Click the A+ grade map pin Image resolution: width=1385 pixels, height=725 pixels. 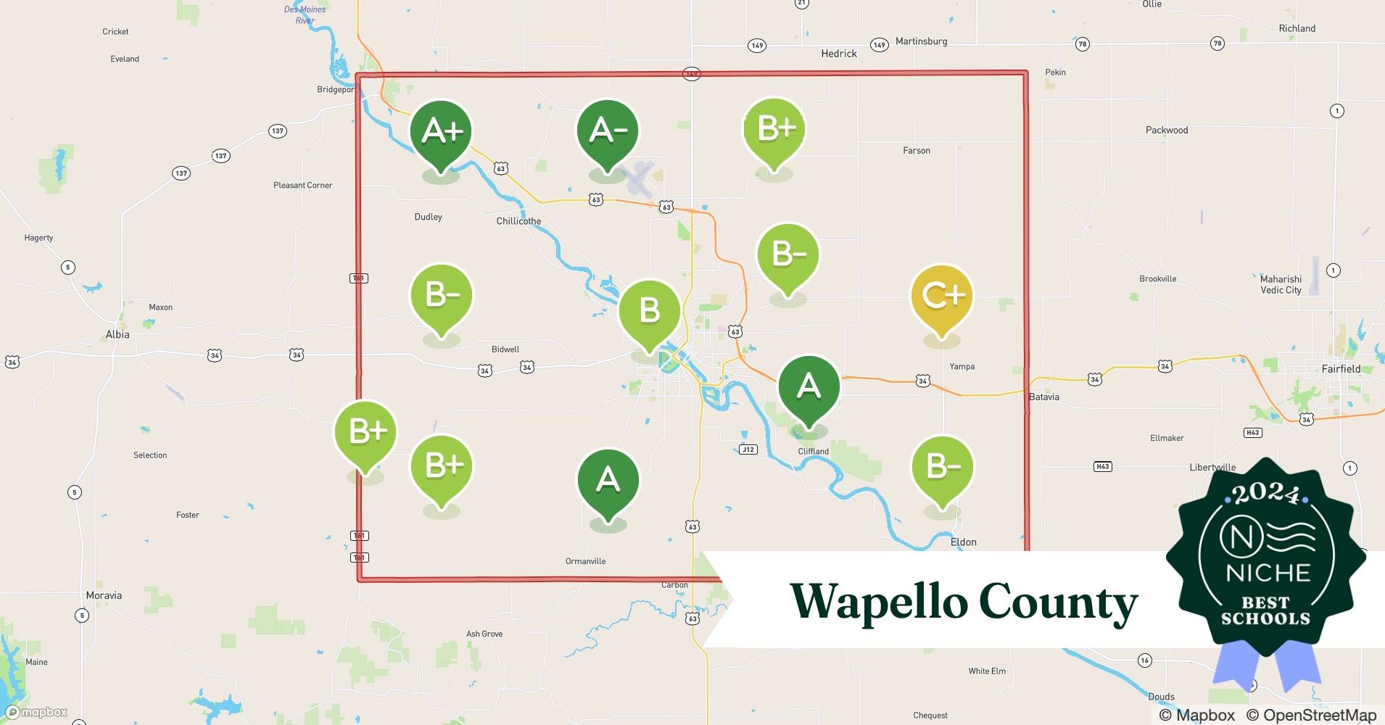(441, 132)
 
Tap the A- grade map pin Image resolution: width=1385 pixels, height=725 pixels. (608, 131)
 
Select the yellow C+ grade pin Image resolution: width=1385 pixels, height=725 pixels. (941, 296)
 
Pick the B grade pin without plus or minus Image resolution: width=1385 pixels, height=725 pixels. (649, 311)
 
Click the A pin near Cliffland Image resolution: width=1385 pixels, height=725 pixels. (809, 386)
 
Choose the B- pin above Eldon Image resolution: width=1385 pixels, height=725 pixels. (941, 468)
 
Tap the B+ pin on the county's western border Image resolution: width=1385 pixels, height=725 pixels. (365, 432)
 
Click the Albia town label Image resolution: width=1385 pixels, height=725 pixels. (117, 334)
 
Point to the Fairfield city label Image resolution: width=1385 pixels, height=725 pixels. (1341, 369)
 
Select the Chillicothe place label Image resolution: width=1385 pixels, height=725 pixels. (518, 221)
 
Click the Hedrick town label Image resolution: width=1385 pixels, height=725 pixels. (838, 54)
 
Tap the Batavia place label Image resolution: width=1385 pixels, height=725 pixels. (1044, 397)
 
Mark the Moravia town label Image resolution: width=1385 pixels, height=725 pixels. (104, 595)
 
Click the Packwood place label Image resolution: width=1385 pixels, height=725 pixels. (1166, 130)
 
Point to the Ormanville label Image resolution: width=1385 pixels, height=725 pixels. (585, 561)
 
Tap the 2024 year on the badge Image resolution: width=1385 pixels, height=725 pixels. (1265, 494)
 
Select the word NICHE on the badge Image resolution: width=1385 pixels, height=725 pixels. (1268, 573)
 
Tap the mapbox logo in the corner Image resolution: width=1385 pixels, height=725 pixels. (37, 712)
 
